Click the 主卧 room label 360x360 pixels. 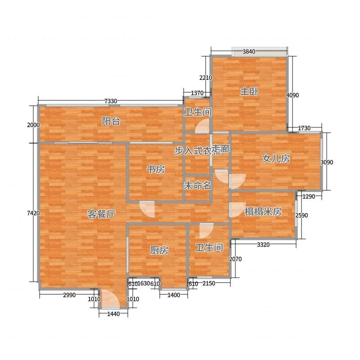click(249, 92)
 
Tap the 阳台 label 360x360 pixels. click(111, 121)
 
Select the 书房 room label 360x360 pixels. click(156, 170)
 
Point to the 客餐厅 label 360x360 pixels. click(101, 214)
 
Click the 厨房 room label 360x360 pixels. click(159, 250)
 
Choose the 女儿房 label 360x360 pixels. click(276, 158)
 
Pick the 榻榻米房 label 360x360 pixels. click(263, 211)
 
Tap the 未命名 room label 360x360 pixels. click(198, 185)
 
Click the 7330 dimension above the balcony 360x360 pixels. click(111, 101)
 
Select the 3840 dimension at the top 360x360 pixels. click(249, 52)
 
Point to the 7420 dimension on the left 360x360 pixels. click(33, 213)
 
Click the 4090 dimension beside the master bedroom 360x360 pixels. click(292, 95)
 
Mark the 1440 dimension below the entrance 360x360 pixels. click(113, 314)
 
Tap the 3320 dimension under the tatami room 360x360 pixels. click(263, 245)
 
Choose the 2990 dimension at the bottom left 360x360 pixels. click(69, 295)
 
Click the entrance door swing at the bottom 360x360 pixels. click(110, 299)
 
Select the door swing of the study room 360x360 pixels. click(147, 209)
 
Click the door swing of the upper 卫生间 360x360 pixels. click(202, 126)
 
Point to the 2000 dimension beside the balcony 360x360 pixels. click(33, 125)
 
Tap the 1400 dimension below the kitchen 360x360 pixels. click(174, 295)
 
